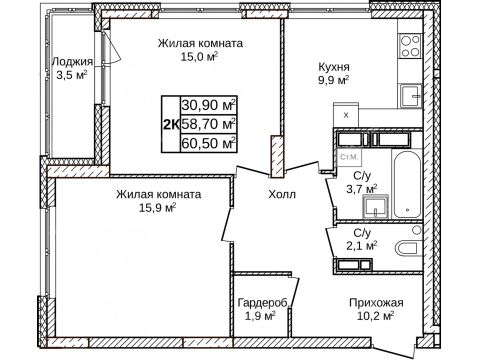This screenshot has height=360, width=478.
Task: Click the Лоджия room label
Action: coord(73,62)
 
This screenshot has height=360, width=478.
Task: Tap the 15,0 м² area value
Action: coord(199,56)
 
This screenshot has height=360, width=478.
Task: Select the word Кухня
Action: coord(334,67)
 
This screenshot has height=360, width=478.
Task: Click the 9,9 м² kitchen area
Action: coord(334,80)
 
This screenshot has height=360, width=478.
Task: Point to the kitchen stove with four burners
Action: coord(410,46)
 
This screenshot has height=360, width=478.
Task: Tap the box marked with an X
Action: coord(346,115)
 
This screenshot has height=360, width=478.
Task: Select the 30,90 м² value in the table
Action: coord(208,105)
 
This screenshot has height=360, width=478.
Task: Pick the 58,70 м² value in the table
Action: coord(208,124)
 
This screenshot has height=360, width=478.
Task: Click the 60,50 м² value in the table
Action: coord(208,143)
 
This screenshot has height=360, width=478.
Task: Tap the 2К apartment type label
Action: coord(171,125)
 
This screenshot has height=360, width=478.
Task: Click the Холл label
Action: coord(282,194)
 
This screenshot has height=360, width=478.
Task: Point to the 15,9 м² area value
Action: coord(158,208)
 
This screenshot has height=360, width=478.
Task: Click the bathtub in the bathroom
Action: coord(406,184)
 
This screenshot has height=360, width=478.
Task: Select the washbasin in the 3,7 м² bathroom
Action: coord(376,207)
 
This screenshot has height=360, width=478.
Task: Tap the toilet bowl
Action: coord(408,248)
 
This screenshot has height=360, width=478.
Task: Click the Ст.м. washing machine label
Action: coord(349,157)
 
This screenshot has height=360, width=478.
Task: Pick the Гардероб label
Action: coord(262,303)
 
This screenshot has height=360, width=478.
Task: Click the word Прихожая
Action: coord(376,303)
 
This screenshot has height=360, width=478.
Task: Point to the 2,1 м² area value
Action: coord(362,246)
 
